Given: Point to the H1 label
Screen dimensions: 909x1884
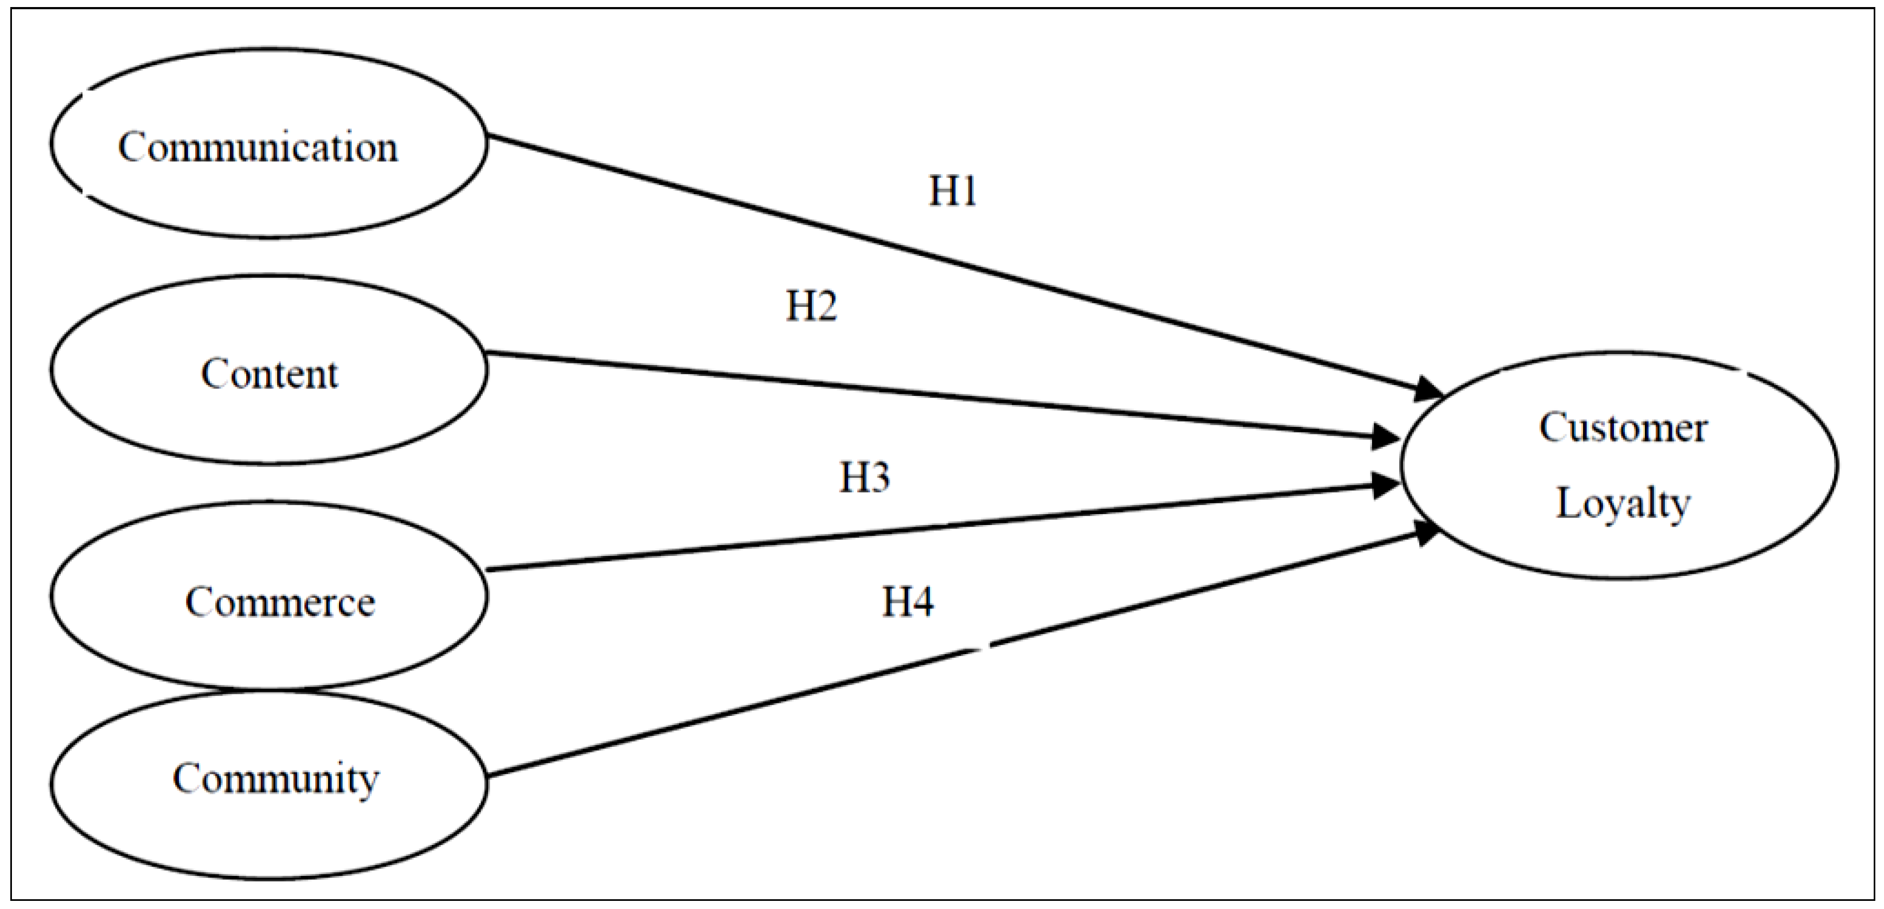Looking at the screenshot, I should tap(952, 191).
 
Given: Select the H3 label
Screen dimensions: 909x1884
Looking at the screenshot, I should tap(864, 477).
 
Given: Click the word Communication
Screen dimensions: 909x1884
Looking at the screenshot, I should tap(258, 148).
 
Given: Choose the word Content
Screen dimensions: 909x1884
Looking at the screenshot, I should tap(269, 374).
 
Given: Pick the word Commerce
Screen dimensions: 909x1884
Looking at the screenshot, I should tap(280, 603).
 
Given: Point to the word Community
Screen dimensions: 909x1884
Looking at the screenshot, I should tap(275, 779).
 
